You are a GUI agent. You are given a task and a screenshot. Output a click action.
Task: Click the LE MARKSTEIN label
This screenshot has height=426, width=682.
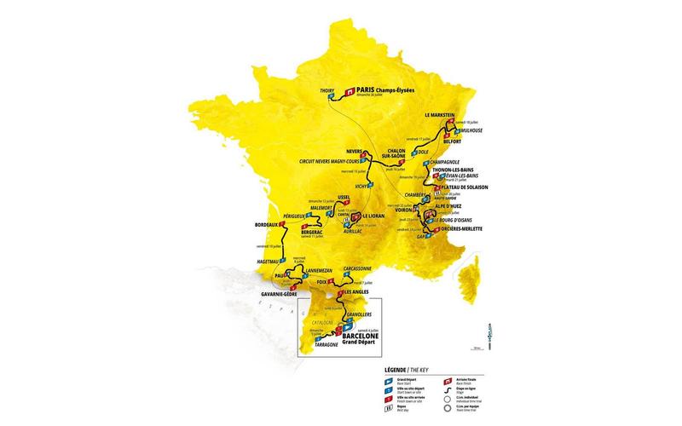pos(442,114)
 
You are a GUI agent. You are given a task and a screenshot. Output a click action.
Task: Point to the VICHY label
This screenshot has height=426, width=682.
pos(363,185)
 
